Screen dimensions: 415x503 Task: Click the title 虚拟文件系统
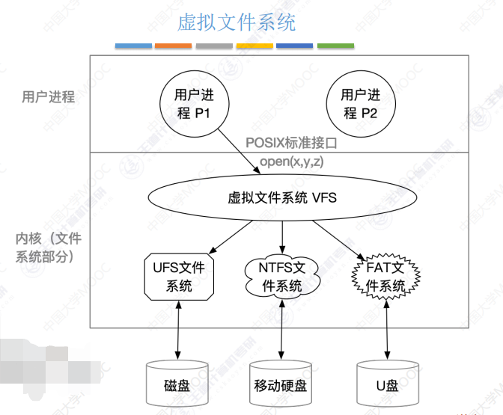coord(237,22)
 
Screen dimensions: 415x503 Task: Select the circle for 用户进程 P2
coord(361,104)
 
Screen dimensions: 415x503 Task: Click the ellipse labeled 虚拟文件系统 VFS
coord(282,198)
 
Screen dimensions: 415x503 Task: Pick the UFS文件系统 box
coord(179,276)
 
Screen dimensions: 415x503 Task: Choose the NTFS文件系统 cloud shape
coord(283,276)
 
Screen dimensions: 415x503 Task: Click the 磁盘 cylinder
coord(178,385)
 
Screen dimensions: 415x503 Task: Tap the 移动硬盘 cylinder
coord(283,385)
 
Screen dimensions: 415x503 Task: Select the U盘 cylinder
coord(387,385)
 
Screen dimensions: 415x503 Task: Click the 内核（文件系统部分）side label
coord(49,248)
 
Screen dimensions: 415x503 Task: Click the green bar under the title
coord(335,46)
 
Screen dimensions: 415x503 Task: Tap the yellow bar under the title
coord(254,46)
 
